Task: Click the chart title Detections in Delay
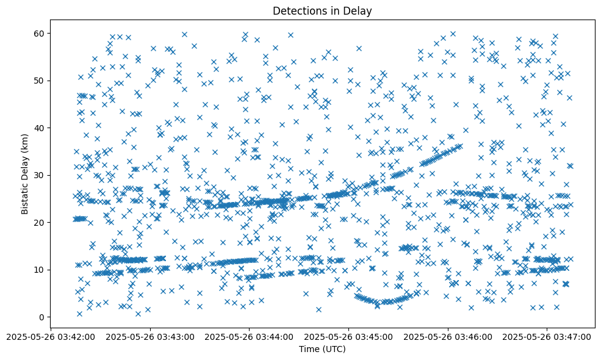[x=322, y=11]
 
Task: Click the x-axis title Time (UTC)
[x=322, y=349]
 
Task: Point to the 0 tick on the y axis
[x=41, y=317]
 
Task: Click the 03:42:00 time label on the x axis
[x=51, y=336]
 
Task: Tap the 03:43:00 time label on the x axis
[x=151, y=336]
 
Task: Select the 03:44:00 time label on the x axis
[x=250, y=336]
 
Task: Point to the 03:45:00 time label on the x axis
[x=349, y=336]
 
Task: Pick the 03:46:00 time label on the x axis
[x=448, y=336]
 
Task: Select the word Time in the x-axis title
[x=309, y=349]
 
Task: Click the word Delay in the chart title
[x=359, y=11]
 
